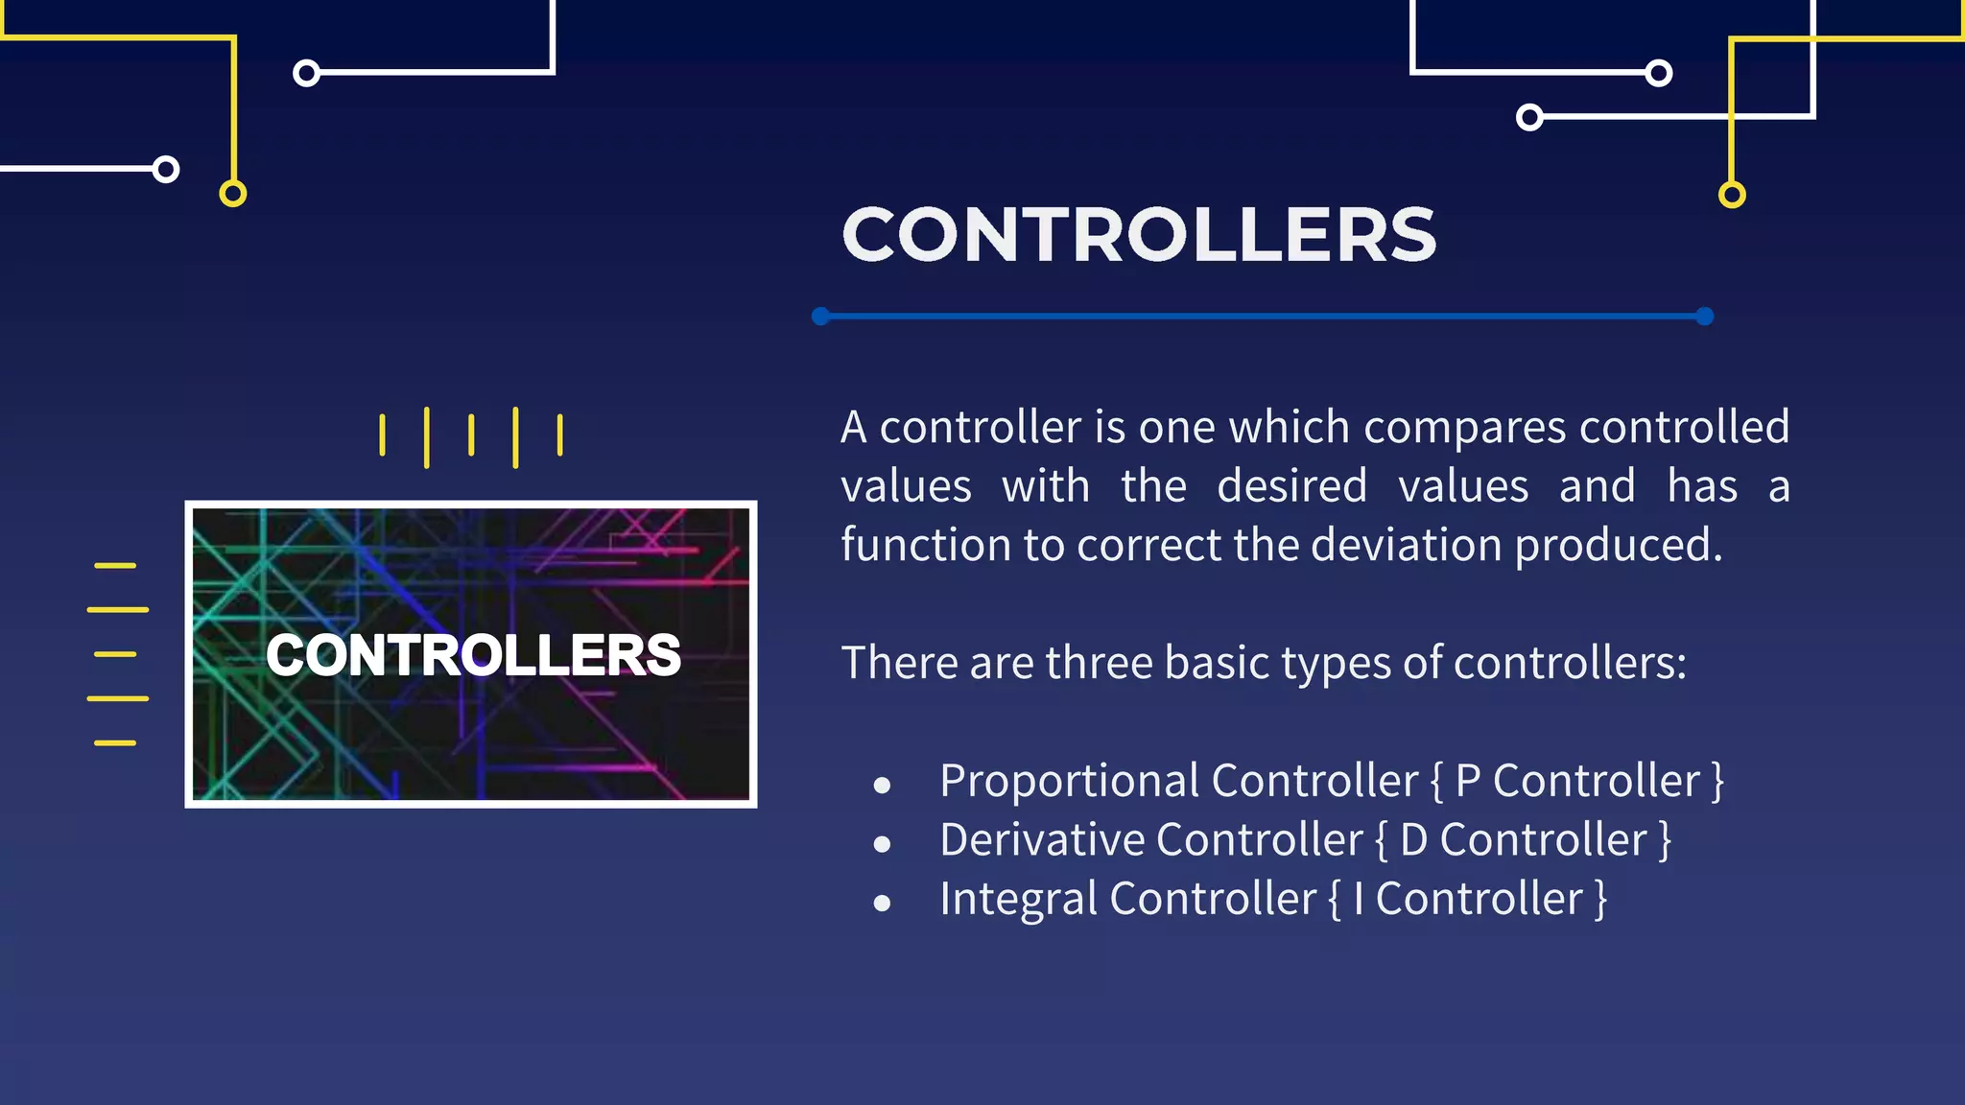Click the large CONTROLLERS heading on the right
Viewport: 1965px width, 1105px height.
1139,235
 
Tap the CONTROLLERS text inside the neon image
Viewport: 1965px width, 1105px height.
473,655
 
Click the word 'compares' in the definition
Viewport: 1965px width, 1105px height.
1464,427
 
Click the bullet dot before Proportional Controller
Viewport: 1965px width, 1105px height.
883,786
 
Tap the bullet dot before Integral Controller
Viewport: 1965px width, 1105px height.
883,903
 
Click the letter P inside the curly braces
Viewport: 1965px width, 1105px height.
1468,781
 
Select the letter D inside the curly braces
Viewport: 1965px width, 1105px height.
1413,840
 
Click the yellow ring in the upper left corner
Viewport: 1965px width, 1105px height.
233,194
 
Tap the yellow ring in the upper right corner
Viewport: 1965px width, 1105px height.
1732,195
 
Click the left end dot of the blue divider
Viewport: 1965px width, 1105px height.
820,317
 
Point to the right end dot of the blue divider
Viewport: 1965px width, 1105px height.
1705,317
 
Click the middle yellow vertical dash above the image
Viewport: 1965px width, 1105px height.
471,435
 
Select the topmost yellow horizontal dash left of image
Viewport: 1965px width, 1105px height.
115,566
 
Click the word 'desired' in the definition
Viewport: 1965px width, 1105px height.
1291,486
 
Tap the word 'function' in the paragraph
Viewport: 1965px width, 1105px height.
925,545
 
